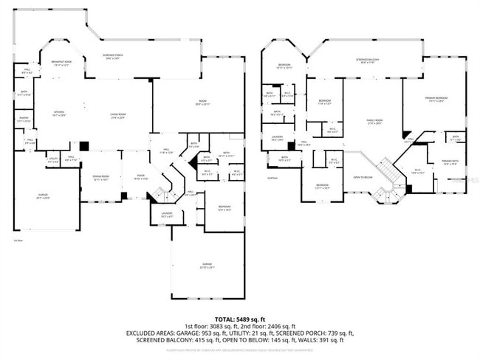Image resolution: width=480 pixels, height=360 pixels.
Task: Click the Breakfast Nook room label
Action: (62, 64)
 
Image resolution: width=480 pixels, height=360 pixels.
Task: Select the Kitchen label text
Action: (58, 114)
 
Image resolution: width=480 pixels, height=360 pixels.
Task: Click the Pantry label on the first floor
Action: (24, 120)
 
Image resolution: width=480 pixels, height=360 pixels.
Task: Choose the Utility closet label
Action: (53, 159)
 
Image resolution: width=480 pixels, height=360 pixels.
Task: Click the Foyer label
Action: (138, 177)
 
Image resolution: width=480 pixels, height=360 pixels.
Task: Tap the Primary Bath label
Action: (450, 162)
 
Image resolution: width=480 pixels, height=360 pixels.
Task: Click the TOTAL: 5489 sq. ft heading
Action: (240, 318)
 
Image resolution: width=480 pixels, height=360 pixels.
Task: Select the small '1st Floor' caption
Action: (18, 240)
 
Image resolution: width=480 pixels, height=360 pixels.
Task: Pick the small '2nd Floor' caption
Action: (272, 178)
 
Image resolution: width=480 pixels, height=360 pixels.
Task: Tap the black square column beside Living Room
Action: (84, 146)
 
